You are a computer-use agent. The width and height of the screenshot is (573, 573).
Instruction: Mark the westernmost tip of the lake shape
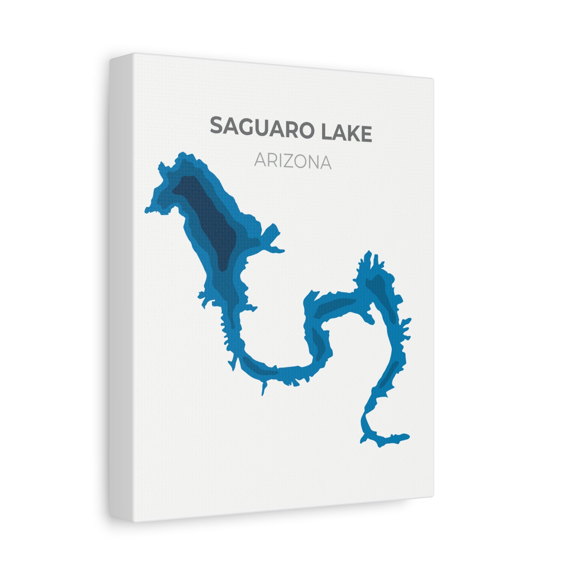[146, 211]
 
